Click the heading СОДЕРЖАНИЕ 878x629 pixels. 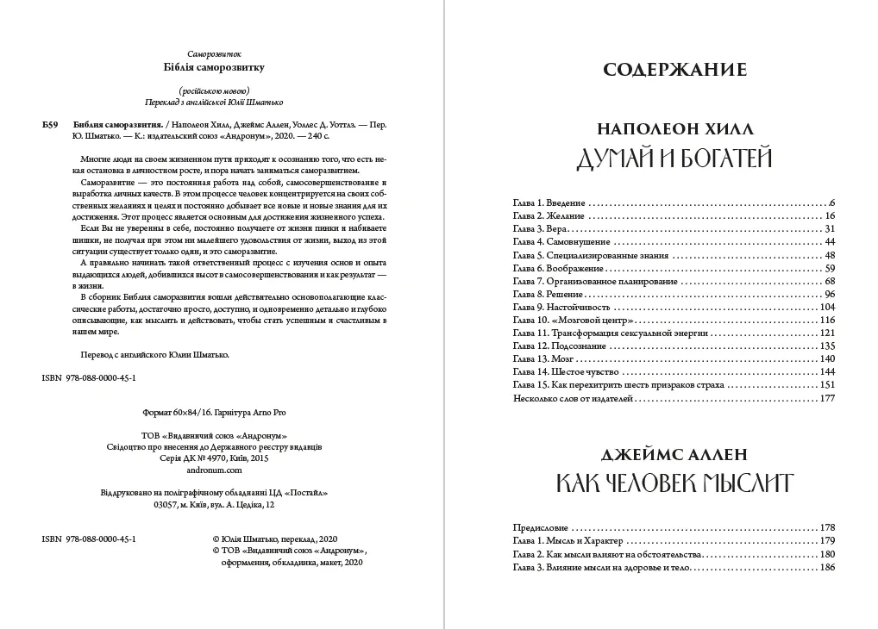[x=674, y=70]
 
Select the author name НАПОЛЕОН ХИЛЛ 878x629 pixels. [x=674, y=128]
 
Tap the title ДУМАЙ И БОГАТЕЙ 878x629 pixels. [x=674, y=158]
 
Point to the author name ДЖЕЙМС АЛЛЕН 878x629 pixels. [x=674, y=453]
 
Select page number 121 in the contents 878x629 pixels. [x=827, y=333]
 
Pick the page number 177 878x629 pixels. [x=828, y=399]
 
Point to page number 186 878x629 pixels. [x=828, y=567]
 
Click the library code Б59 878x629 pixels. [x=50, y=124]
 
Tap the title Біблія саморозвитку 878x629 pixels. [x=214, y=67]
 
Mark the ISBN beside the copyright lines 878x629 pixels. [x=89, y=538]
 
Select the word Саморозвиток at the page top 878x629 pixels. [x=214, y=53]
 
